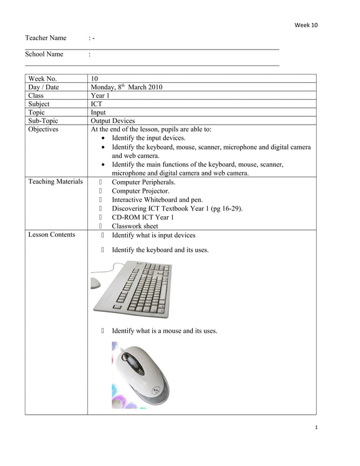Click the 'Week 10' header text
[306, 25]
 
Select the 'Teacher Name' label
[46, 38]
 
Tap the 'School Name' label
[44, 54]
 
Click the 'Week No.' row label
[42, 78]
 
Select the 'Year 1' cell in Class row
[100, 95]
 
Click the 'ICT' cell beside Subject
[96, 104]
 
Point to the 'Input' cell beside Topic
[98, 112]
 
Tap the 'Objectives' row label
[43, 129]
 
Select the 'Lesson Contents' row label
[51, 234]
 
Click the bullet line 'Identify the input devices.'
[148, 138]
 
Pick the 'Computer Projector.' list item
[141, 191]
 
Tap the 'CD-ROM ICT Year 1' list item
[143, 217]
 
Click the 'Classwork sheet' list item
[135, 226]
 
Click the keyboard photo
[133, 289]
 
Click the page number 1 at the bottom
[317, 428]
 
